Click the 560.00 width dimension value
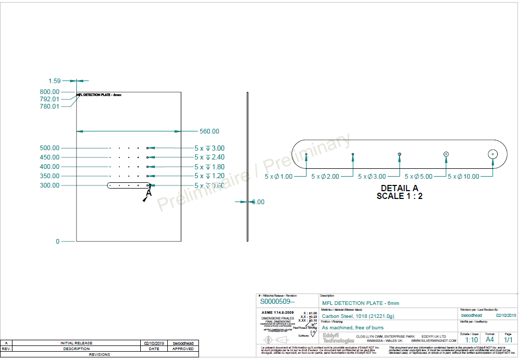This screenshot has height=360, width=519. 209,131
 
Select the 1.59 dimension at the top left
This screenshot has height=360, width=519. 55,81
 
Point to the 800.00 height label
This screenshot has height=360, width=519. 50,92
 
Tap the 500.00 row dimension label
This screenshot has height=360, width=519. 50,148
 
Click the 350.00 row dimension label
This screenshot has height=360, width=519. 50,176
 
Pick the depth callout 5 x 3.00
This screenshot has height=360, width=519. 209,148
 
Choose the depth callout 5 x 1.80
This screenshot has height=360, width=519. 209,167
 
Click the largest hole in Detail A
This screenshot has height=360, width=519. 493,154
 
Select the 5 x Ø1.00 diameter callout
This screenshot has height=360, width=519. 278,177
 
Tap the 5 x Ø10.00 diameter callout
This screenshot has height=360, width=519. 463,177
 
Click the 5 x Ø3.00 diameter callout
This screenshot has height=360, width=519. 372,177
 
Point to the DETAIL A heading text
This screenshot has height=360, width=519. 399,188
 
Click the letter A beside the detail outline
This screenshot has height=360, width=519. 149,193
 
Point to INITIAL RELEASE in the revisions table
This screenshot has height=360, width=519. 77,343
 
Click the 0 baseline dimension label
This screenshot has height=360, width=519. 58,242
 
